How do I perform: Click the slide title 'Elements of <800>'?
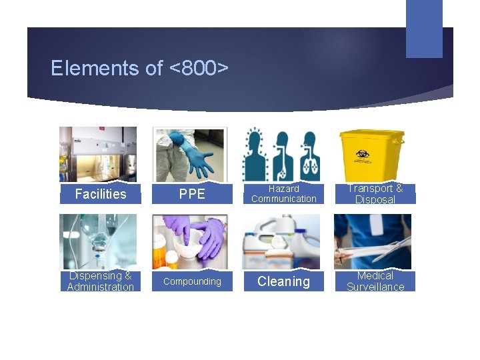[139, 68]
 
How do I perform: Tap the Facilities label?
[100, 194]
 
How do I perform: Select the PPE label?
[192, 194]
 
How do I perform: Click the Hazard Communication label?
[283, 194]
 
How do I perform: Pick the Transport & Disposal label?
[375, 194]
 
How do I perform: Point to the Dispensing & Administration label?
[100, 281]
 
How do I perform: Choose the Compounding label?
[192, 281]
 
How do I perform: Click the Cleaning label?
[283, 281]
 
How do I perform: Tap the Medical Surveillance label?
[375, 281]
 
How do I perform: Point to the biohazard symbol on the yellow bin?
[363, 155]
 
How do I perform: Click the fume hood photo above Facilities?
[98, 155]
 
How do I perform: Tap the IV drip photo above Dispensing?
[98, 241]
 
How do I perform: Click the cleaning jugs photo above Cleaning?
[281, 241]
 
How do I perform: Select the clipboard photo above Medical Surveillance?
[373, 241]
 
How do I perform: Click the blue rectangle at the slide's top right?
[424, 29]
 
